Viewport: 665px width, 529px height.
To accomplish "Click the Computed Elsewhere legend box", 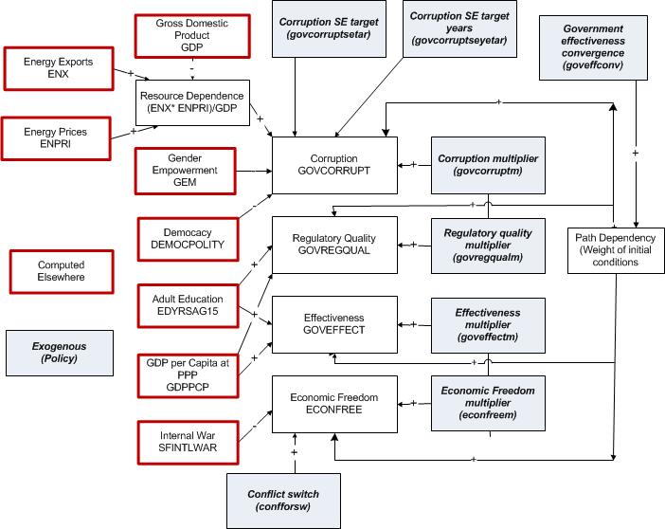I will (x=61, y=271).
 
